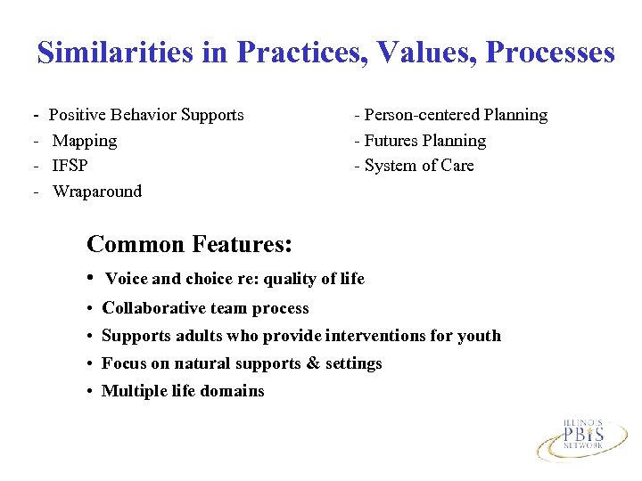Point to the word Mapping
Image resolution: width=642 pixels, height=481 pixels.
tap(85, 141)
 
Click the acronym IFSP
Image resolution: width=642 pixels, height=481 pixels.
tap(70, 166)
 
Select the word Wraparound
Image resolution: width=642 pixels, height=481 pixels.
tap(97, 192)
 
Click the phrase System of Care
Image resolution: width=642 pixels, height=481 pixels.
tap(419, 166)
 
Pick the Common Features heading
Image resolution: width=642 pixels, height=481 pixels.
tap(191, 243)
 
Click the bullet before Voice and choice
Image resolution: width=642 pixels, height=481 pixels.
tap(92, 279)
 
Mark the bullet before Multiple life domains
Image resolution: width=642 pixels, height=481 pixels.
tap(92, 391)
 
